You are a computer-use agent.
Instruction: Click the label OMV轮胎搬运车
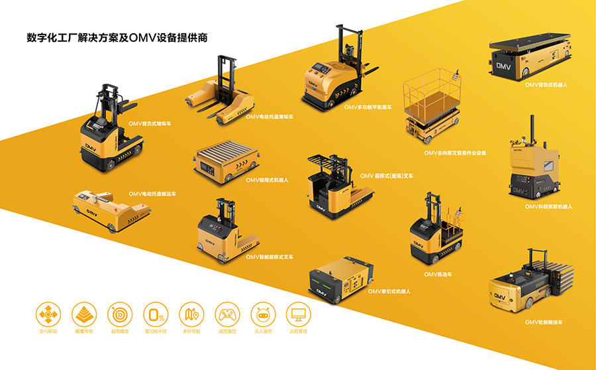pyautogui.click(x=544, y=322)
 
